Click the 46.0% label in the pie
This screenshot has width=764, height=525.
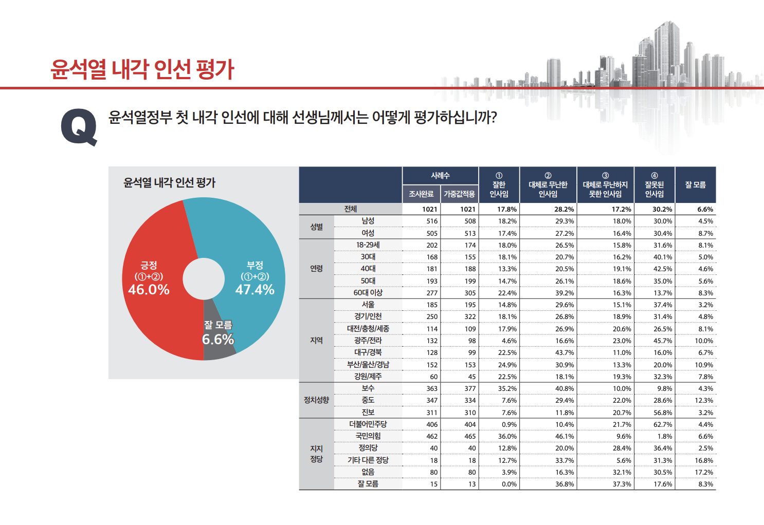tap(149, 290)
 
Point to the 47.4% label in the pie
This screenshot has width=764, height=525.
tap(254, 290)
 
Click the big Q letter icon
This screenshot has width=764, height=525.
tap(79, 127)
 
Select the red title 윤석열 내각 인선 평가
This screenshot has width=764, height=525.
tap(142, 69)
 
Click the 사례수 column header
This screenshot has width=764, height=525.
tap(440, 176)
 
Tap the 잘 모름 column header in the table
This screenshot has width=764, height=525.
tap(695, 185)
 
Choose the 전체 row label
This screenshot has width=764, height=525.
tap(351, 209)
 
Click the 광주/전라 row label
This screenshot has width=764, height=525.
tap(368, 341)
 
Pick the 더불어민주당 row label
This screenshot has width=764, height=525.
tap(368, 424)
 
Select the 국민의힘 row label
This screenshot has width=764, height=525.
tap(368, 436)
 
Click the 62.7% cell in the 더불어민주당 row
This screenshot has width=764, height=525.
tap(662, 425)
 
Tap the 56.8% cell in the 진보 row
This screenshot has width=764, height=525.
tap(662, 413)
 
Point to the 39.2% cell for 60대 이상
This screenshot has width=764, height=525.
tap(564, 293)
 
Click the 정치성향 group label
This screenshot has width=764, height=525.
tap(316, 400)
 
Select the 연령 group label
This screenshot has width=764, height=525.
tap(316, 269)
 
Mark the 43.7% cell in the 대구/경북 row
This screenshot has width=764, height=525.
tap(564, 353)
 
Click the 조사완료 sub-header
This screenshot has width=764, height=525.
tap(421, 194)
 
